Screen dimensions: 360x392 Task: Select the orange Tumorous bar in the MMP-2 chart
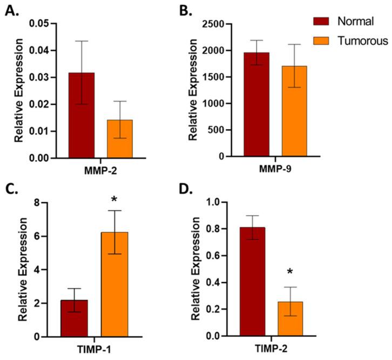[x=120, y=139]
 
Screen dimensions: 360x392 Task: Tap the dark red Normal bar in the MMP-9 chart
[x=256, y=104]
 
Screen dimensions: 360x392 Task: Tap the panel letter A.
[x=11, y=10]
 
